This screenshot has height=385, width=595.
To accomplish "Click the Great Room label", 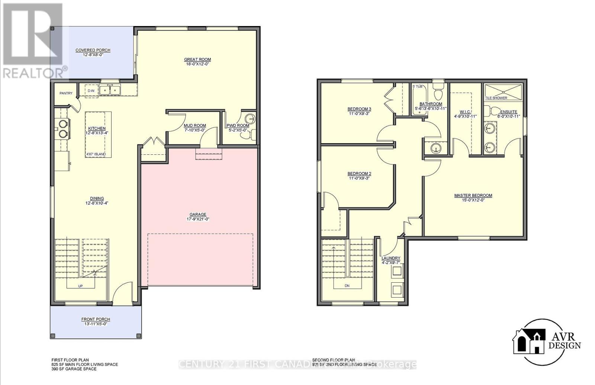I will [x=197, y=60].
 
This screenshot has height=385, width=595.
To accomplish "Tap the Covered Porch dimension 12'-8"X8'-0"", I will [x=93, y=55].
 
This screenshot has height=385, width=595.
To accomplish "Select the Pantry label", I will [x=66, y=93].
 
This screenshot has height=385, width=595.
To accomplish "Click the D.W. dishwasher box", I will [x=91, y=91].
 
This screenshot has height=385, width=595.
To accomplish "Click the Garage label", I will [x=198, y=215].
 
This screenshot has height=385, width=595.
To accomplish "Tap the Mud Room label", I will [x=195, y=126].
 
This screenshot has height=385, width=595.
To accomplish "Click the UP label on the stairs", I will [x=80, y=286].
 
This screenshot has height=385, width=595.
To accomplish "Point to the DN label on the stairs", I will [x=347, y=286].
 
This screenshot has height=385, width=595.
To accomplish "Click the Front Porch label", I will [x=96, y=319].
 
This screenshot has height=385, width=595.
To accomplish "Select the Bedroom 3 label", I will [x=359, y=109].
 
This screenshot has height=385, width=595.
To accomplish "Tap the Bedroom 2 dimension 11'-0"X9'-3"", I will [x=359, y=178].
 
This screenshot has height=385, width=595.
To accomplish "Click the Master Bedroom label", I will [x=473, y=196].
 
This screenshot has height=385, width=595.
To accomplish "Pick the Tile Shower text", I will [x=496, y=98].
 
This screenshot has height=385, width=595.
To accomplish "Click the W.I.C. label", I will [x=465, y=112].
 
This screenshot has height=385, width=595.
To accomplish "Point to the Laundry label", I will [x=391, y=258].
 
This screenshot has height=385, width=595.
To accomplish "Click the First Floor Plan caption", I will [x=70, y=360].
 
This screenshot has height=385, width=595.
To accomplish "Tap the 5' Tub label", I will [x=418, y=86].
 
